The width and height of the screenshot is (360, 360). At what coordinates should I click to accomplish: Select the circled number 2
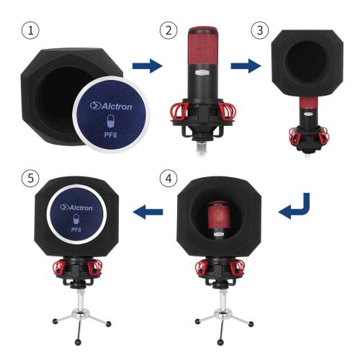[168, 31]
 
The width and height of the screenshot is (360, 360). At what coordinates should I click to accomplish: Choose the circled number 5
[29, 176]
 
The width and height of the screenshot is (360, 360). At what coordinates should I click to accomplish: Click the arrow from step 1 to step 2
[147, 66]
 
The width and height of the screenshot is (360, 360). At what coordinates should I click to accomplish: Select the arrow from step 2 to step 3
[245, 66]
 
